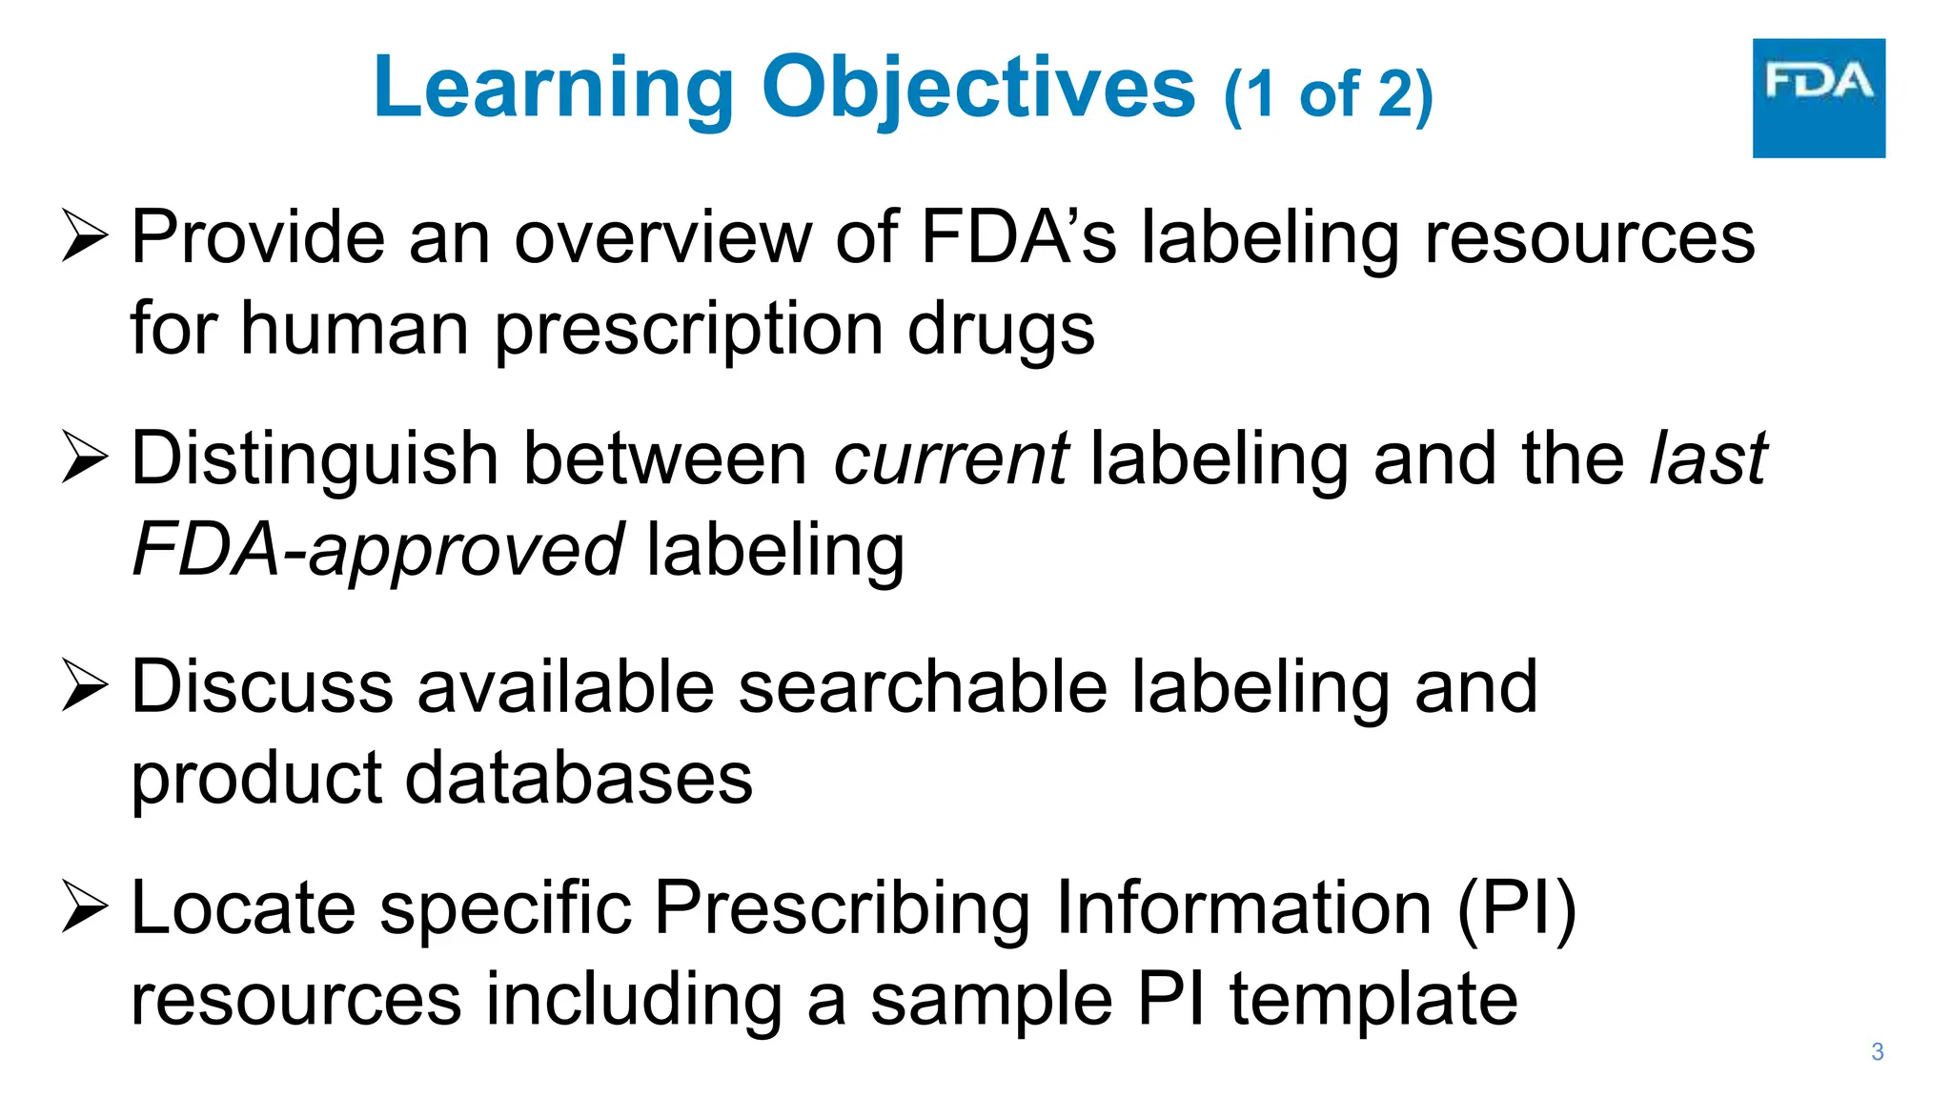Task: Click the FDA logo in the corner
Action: [1818, 97]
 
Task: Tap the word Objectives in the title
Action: [978, 88]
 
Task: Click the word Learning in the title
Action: [554, 88]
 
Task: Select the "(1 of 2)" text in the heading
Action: [1328, 95]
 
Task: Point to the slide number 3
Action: [1877, 1051]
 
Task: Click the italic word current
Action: [950, 459]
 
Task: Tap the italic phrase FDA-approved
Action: [377, 551]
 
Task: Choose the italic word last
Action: [1708, 459]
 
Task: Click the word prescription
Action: [689, 330]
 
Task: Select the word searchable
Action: [923, 686]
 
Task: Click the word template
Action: [1372, 999]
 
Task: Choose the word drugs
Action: [1000, 330]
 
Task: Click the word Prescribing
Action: [842, 908]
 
